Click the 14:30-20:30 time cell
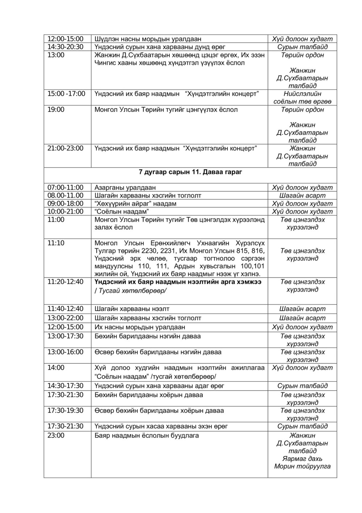pos(66,47)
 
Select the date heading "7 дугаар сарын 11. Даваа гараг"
pos(190,172)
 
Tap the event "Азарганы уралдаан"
pos(125,188)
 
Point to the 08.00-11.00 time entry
pos(66,196)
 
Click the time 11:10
pos(56,243)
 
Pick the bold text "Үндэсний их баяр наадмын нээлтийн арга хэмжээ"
pos(178,282)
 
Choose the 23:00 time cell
pos(56,436)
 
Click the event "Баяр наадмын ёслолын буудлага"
pos(147,436)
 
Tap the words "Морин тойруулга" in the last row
pos(302,467)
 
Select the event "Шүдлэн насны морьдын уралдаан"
pos(148,39)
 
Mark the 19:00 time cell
pos(56,110)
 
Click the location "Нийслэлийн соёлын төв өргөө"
pos(302,98)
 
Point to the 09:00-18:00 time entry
pos(66,204)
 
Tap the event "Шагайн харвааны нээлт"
pos(132,309)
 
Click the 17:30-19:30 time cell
pos(66,411)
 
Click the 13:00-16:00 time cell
pos(66,352)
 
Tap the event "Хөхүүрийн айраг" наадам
pos(135,204)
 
